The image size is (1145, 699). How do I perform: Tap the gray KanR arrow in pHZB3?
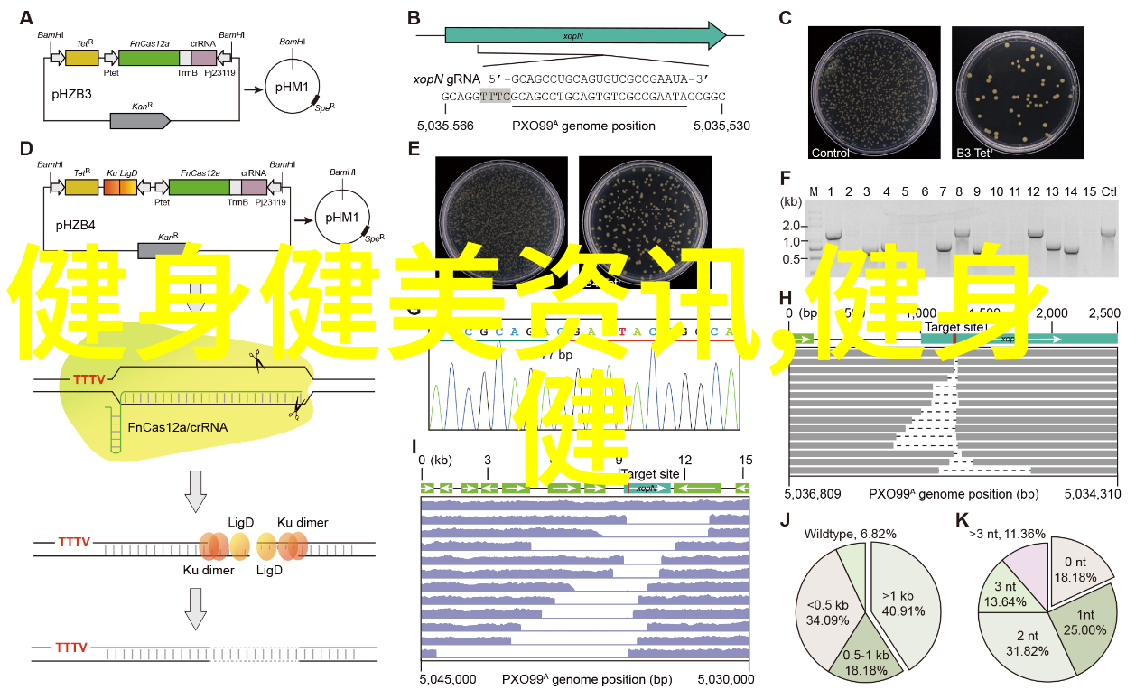(140, 120)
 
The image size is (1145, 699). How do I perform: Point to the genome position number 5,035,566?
(445, 126)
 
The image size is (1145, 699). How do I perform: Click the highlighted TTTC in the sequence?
(496, 96)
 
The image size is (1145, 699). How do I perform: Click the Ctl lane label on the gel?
(1110, 191)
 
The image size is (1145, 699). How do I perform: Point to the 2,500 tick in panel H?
(1103, 313)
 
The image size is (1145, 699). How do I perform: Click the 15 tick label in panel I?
(746, 460)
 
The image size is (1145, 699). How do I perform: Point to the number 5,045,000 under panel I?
(448, 678)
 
